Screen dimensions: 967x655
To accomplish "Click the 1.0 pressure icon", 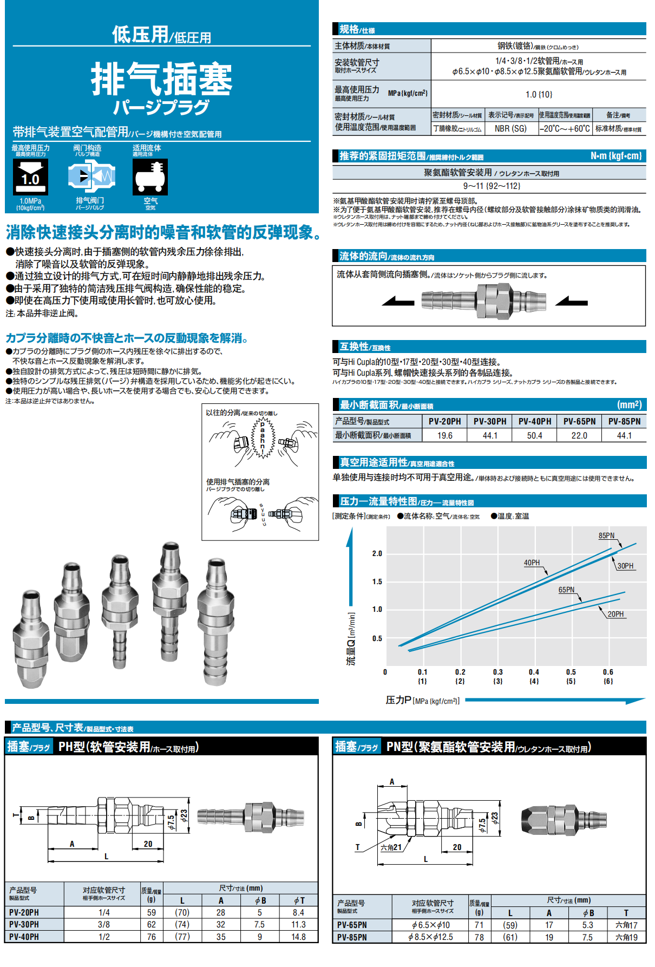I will [x=30, y=177].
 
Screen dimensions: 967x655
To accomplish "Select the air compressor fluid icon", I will [x=150, y=177].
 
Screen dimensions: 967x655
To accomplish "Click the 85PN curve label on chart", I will [x=606, y=535].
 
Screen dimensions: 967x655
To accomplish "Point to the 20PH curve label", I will [x=615, y=614].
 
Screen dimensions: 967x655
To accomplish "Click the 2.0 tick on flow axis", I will [x=377, y=553].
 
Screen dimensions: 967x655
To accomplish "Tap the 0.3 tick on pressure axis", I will [x=497, y=672].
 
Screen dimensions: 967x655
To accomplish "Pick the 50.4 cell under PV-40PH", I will [x=534, y=435].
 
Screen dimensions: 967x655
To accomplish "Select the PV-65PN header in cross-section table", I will [x=579, y=421].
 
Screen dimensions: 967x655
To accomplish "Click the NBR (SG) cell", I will [x=510, y=129].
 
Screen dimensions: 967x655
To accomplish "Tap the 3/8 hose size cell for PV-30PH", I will [x=104, y=924].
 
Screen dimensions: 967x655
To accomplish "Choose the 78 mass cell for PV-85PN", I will [x=479, y=937].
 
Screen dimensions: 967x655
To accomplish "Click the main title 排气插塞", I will [x=161, y=79].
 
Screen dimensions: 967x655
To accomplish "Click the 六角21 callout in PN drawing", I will [x=391, y=847].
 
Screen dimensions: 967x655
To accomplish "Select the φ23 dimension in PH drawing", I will [x=184, y=815].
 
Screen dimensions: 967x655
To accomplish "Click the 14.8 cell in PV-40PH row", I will [x=298, y=937].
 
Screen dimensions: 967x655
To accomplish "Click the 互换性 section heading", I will [x=354, y=347].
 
